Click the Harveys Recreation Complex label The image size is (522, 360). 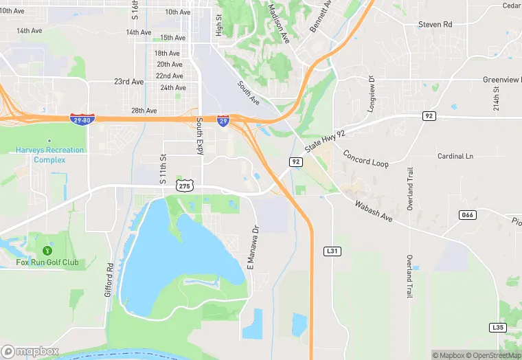[50, 155]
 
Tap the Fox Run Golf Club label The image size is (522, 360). [47, 262]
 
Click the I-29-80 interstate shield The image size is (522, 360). [83, 120]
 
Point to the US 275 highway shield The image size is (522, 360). [184, 186]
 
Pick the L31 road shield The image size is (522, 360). [332, 251]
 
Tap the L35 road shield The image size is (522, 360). [497, 327]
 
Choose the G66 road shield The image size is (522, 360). [467, 215]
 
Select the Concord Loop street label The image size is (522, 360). [365, 159]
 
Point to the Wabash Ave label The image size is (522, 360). [373, 211]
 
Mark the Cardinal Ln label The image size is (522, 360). [455, 156]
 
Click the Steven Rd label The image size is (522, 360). [435, 25]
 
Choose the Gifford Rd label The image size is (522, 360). [109, 280]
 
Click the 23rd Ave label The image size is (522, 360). [129, 81]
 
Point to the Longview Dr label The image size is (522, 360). [372, 94]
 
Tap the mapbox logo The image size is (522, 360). [30, 351]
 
